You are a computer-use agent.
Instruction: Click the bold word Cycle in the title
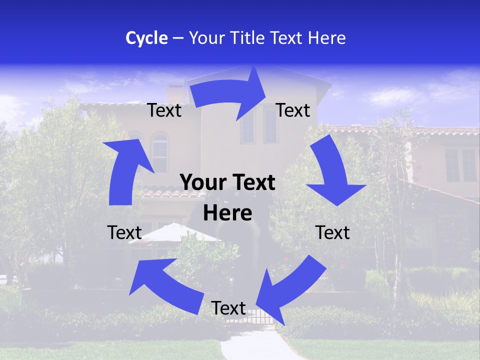pos(146,38)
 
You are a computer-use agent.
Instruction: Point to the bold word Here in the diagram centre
pos(227,213)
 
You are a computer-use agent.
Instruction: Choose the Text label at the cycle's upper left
pos(164,110)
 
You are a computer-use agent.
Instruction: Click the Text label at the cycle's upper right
pos(293,110)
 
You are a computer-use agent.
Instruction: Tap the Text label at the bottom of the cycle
pos(228,308)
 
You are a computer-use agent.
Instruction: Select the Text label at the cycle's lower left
pos(124,232)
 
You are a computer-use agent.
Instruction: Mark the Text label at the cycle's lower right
pos(333,232)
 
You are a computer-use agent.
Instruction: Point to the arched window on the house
pos(159,150)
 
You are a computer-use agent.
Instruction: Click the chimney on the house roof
pos(176,93)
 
